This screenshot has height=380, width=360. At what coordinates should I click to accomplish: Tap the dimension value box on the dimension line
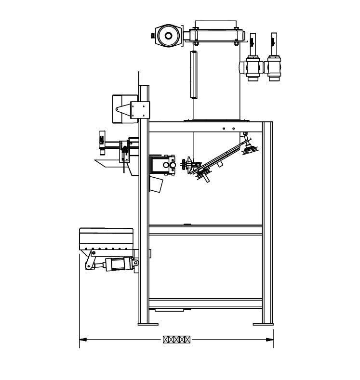point(176,340)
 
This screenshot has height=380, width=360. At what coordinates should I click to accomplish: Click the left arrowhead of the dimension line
point(82,340)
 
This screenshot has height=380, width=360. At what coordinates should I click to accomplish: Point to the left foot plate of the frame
point(148,324)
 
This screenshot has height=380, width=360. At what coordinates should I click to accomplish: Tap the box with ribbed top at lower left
point(106,239)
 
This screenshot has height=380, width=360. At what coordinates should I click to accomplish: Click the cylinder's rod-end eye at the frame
point(136,263)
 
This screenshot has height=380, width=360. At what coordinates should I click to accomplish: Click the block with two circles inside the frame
point(162,164)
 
